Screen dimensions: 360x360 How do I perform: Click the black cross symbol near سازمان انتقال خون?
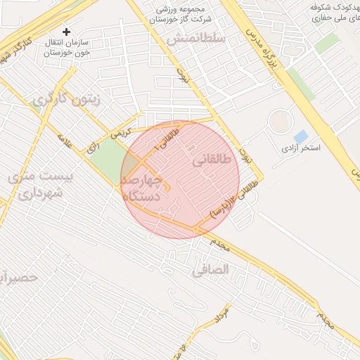(67, 32)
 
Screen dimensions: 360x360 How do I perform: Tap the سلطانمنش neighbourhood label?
(196, 38)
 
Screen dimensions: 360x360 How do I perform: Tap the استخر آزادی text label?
(301, 148)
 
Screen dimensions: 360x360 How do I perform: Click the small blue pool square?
(300, 136)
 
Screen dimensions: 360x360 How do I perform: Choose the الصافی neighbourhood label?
(211, 268)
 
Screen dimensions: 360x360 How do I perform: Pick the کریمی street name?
(120, 131)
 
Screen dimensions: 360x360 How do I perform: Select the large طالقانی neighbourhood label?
(210, 161)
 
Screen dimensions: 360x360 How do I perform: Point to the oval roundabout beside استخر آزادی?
(281, 121)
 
